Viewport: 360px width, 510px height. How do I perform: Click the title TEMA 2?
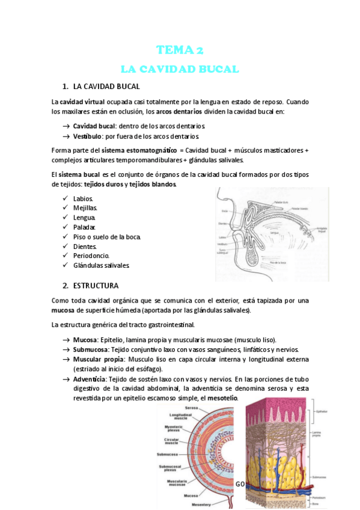pos(180,50)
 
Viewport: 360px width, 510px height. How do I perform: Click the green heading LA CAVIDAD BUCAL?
pos(180,69)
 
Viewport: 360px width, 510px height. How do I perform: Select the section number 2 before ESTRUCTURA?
pos(66,284)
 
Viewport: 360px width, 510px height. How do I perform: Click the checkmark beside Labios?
pos(65,198)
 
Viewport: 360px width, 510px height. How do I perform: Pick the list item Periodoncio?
pos(91,256)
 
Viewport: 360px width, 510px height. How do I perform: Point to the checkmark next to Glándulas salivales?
pos(65,265)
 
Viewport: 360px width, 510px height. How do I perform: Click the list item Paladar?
pos(85,227)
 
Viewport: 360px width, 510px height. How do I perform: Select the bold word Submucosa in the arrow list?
pos(90,349)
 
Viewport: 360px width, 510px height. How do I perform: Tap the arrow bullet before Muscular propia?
pos(65,358)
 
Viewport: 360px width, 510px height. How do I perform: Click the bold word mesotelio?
pos(224,398)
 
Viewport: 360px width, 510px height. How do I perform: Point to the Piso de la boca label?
pos(280,263)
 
